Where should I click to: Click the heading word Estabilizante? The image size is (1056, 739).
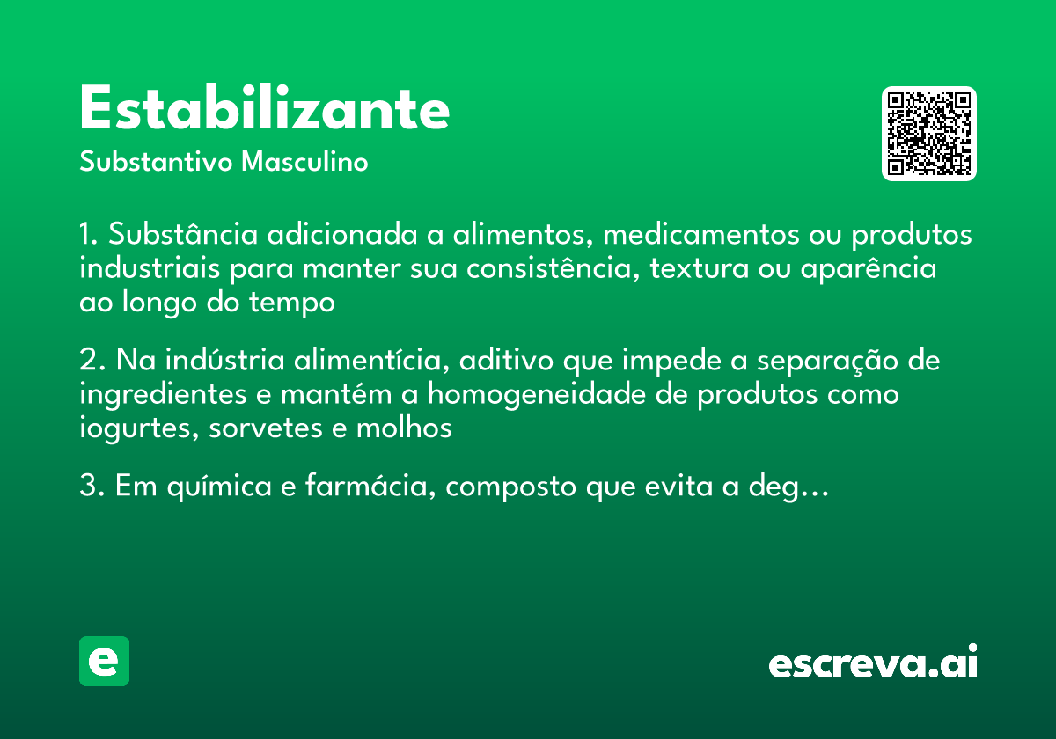pyautogui.click(x=264, y=109)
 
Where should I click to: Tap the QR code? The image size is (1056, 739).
pyautogui.click(x=928, y=134)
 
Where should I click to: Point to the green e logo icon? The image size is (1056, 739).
pyautogui.click(x=104, y=661)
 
